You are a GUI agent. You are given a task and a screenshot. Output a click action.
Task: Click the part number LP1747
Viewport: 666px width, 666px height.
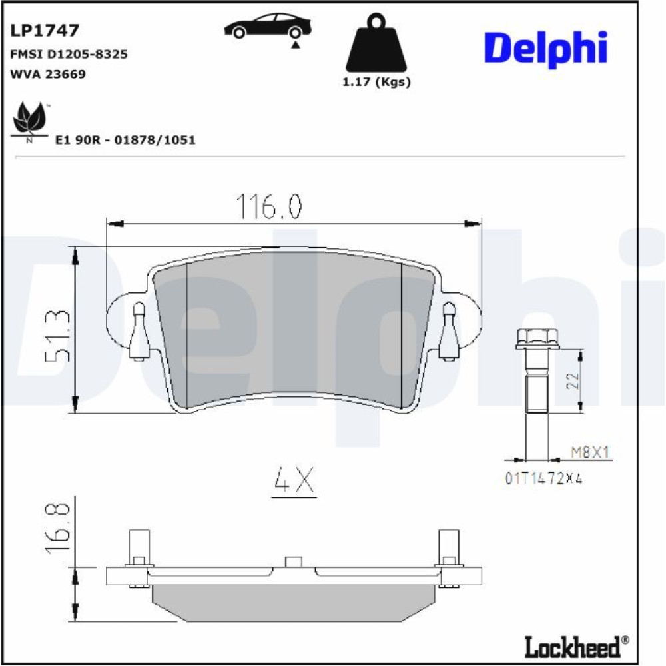(45, 30)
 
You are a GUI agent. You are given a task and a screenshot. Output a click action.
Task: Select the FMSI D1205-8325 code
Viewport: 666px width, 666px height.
(69, 54)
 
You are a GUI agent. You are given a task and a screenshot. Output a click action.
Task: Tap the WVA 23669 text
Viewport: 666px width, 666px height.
(48, 74)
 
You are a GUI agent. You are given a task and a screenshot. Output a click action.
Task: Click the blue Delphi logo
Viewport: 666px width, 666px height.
(546, 49)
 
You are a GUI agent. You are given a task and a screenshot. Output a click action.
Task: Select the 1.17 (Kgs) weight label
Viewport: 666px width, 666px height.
(376, 81)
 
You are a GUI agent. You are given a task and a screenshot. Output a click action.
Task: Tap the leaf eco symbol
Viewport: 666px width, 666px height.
(29, 120)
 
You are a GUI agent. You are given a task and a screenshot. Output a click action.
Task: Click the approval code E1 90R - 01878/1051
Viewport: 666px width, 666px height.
(126, 140)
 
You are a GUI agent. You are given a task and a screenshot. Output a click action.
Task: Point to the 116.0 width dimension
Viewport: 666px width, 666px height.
(269, 206)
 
